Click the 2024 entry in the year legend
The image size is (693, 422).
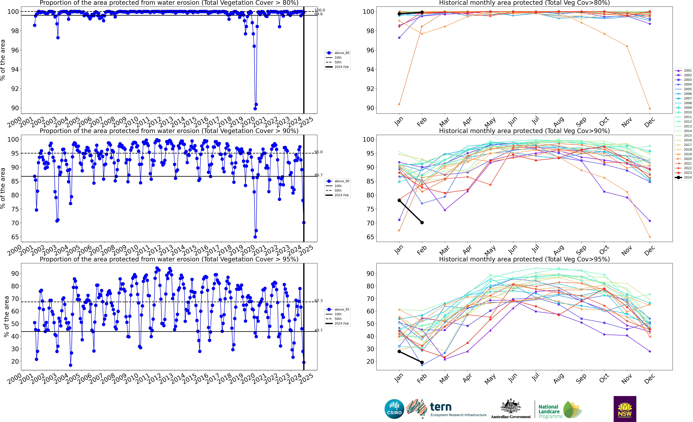[683, 178]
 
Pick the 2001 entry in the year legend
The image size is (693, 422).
[683, 71]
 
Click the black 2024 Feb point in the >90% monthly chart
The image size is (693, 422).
[422, 223]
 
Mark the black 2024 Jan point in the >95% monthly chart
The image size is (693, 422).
[399, 351]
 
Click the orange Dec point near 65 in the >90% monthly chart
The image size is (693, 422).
[650, 237]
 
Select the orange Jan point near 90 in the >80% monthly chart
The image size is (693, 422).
[399, 104]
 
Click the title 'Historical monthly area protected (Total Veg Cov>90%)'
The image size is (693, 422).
[524, 131]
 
